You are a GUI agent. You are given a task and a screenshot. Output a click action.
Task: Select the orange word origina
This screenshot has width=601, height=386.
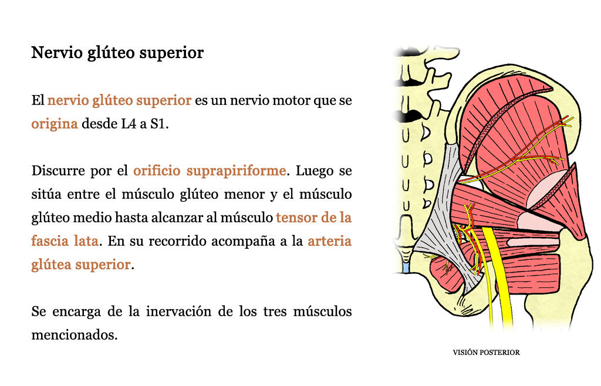click(x=55, y=124)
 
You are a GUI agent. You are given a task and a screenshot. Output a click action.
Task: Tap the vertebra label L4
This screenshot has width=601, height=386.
click(x=129, y=124)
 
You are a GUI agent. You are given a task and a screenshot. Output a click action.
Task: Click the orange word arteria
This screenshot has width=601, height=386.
click(x=330, y=241)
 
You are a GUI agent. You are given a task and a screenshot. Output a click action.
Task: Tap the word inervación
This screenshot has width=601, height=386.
click(x=178, y=311)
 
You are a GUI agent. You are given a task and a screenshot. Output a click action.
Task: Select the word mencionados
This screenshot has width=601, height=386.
click(x=73, y=335)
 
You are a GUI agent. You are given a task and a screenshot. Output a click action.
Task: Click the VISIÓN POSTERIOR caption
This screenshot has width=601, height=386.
click(x=486, y=353)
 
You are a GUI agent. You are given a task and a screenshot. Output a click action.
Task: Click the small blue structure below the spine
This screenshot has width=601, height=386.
click(x=406, y=267)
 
